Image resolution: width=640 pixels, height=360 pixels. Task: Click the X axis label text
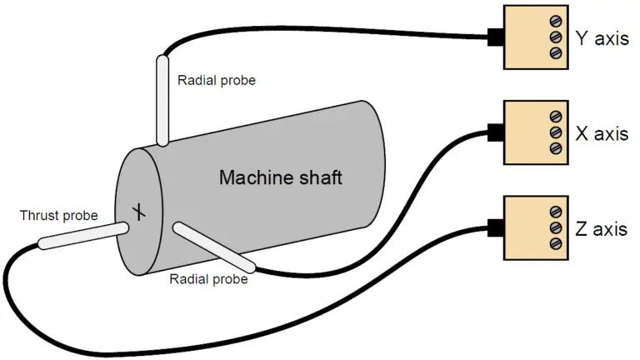click(x=602, y=132)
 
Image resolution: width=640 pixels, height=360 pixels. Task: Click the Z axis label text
click(x=601, y=228)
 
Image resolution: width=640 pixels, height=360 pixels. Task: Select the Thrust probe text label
click(x=58, y=216)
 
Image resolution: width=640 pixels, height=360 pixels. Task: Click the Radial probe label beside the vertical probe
click(x=217, y=81)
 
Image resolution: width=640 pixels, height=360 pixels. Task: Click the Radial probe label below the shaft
click(x=208, y=279)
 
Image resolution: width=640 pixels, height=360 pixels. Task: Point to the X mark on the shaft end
click(x=141, y=214)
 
